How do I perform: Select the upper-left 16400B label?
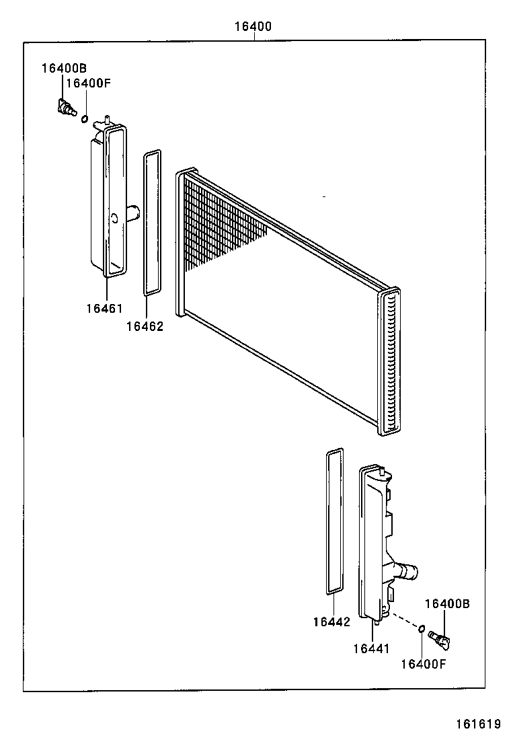pyautogui.click(x=64, y=68)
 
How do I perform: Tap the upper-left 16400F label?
pyautogui.click(x=87, y=83)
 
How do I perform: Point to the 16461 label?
pyautogui.click(x=104, y=309)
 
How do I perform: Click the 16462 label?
pyautogui.click(x=145, y=326)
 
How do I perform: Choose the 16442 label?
pyautogui.click(x=331, y=622)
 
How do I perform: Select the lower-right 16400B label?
pyautogui.click(x=447, y=604)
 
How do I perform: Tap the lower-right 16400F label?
pyautogui.click(x=424, y=664)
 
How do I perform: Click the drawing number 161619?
pyautogui.click(x=478, y=724)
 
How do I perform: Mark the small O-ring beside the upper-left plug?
pyautogui.click(x=84, y=119)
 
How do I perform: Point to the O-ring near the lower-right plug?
pyautogui.click(x=421, y=630)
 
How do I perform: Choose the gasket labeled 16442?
pyautogui.click(x=334, y=522)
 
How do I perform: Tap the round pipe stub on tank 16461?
pyautogui.click(x=132, y=213)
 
